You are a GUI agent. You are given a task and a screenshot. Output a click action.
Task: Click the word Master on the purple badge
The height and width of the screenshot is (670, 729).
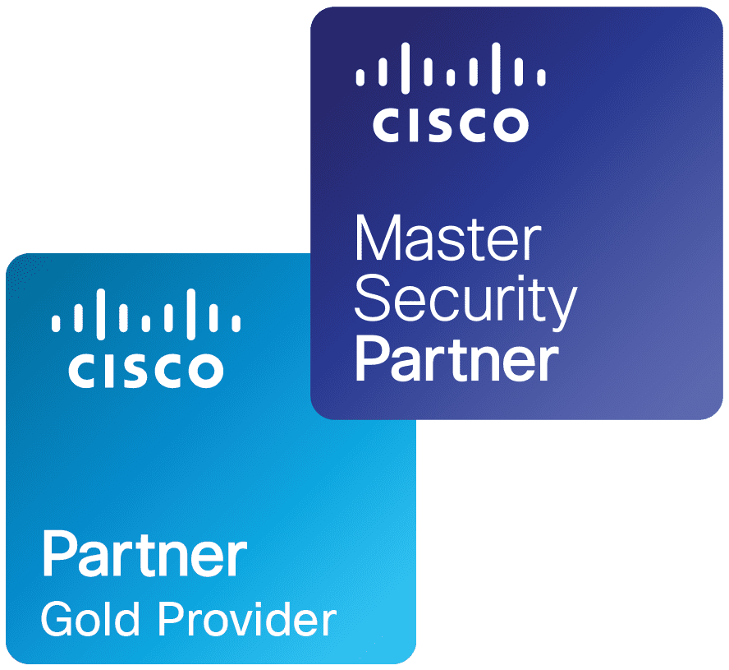[x=448, y=240]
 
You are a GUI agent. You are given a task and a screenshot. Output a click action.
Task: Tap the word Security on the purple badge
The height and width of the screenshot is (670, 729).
[x=465, y=301]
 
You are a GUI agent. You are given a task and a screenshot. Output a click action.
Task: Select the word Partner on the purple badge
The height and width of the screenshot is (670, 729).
[x=456, y=359]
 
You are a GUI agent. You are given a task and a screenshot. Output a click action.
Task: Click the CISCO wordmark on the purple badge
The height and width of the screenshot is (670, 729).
[x=451, y=125]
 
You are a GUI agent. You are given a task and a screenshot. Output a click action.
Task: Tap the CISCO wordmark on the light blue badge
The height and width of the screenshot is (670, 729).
[x=146, y=370]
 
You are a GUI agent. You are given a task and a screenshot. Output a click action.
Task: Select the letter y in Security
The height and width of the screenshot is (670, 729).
[x=562, y=306]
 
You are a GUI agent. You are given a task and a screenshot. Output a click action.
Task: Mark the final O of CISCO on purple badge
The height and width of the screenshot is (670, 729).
[x=509, y=125]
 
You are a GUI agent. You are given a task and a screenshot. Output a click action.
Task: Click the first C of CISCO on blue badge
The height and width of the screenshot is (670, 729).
[x=83, y=370]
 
